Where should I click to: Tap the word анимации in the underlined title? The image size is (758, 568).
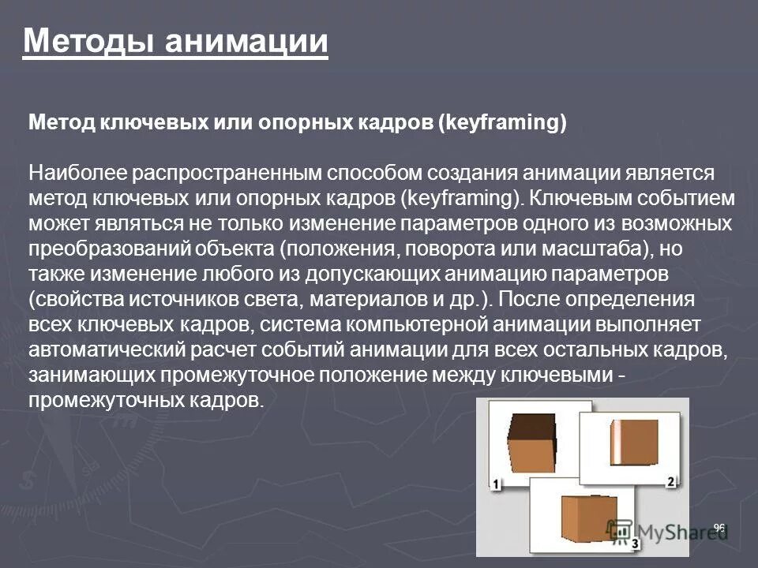247,40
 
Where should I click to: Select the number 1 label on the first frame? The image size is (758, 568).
497,484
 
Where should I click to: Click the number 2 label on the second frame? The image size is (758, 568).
671,481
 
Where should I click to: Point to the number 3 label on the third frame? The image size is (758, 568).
635,544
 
